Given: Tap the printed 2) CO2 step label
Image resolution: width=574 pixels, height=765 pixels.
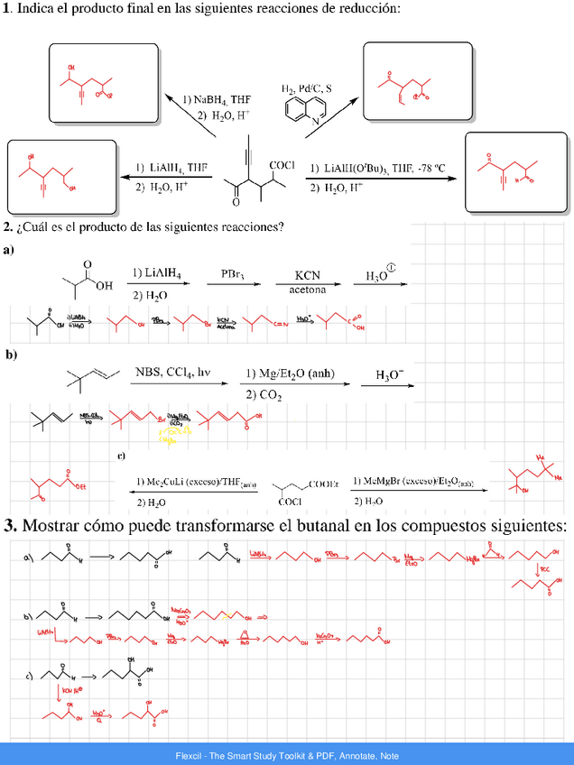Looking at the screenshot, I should point(264,393).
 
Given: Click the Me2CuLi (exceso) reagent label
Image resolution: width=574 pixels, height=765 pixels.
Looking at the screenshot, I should point(192,482).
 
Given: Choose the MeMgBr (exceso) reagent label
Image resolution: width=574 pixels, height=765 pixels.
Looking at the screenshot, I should point(414,482).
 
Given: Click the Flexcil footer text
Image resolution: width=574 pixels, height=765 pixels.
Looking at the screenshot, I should point(287,755).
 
